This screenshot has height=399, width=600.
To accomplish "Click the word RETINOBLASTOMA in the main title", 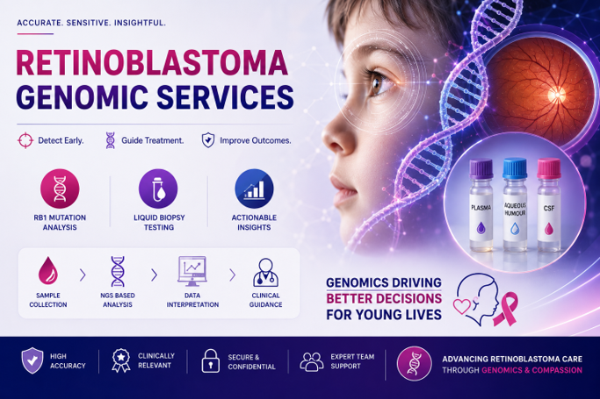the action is coord(152,62).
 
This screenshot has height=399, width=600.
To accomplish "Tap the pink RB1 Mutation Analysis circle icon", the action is coord(60,189).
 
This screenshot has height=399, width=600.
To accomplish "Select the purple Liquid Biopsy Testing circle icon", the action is coord(158,189).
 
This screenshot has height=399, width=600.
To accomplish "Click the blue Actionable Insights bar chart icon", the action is coord(254,189).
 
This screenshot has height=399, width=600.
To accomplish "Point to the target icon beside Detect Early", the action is coord(25,140).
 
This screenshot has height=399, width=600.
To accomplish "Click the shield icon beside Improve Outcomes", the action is coord(208,140).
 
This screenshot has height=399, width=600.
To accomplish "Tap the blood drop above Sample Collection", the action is coord(48,270).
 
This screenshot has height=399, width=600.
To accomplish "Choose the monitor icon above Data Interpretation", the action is coord(192,271).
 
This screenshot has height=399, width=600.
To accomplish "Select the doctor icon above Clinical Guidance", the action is coord(265,272).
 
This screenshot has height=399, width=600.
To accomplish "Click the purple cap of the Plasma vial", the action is coord(481,169).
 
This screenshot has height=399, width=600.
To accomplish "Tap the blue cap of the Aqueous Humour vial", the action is coord(515,168).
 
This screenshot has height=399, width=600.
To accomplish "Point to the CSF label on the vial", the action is coord(549,209).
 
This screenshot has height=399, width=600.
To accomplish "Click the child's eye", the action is coord(376,82).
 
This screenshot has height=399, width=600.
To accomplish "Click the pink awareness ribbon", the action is coord(505,309).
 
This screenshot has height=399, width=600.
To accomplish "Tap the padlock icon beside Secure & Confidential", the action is coord(211,360).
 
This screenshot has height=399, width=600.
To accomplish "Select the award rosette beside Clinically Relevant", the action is coord(121,360).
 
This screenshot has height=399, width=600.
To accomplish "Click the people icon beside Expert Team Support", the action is coord(312,361).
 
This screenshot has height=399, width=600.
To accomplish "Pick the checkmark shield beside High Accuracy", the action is coord(33,360).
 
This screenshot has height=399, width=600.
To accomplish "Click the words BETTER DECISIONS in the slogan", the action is coord(384,298).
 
